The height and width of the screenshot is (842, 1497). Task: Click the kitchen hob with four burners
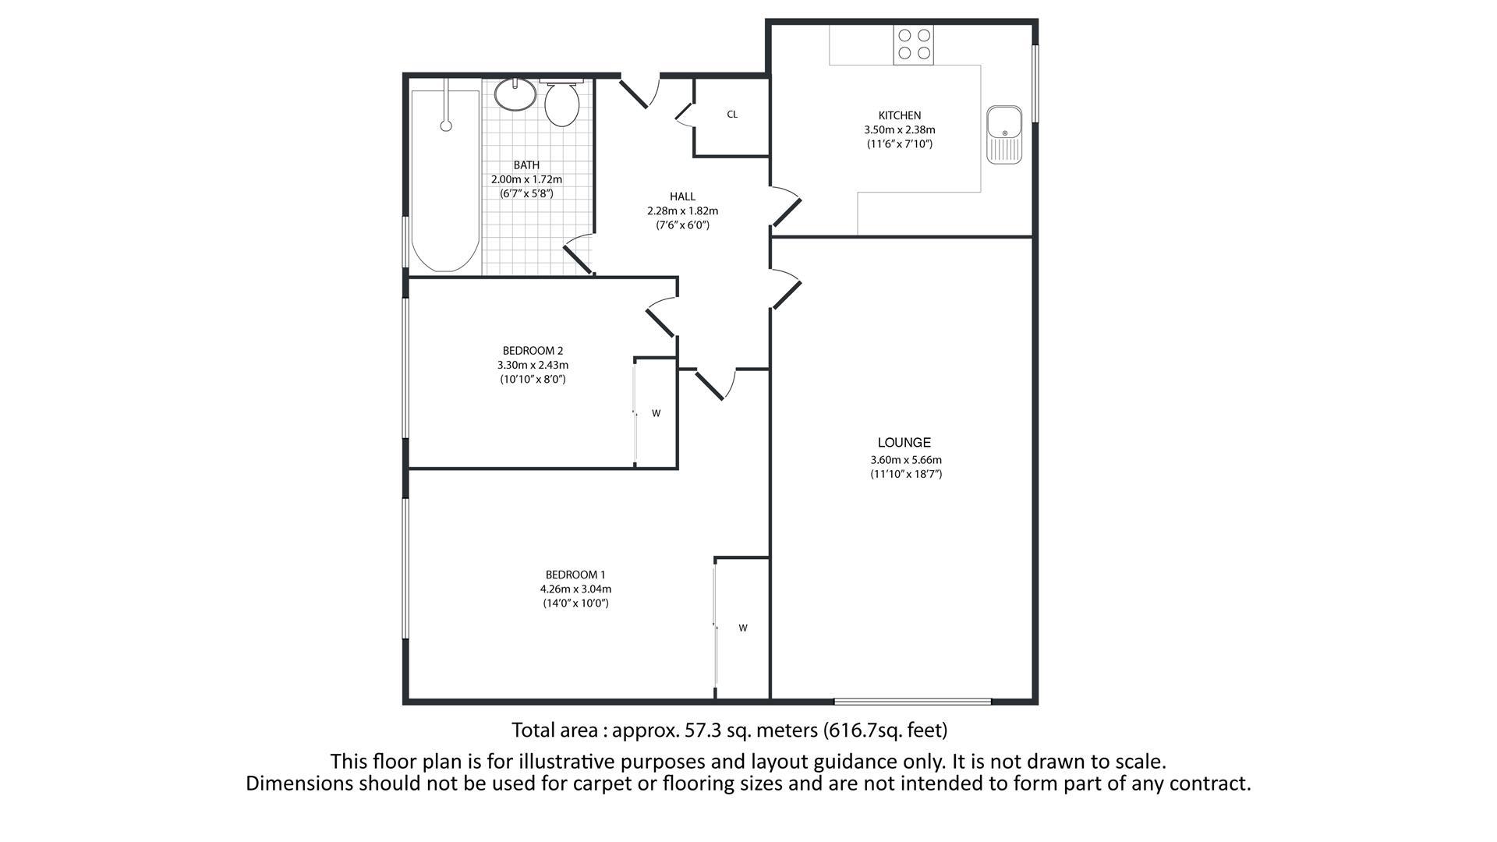click(x=914, y=44)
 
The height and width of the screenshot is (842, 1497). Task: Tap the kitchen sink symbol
click(x=1004, y=135)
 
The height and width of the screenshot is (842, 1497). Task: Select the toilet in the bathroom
click(x=561, y=104)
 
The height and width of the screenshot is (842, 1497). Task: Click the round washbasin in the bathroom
click(x=515, y=94)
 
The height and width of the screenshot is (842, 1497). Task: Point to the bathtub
click(x=445, y=181)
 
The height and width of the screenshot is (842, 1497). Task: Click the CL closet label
click(x=732, y=115)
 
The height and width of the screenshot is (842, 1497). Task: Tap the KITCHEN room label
click(x=900, y=115)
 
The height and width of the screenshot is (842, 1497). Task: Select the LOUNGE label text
click(x=904, y=442)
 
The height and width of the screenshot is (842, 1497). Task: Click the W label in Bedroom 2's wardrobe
click(x=656, y=413)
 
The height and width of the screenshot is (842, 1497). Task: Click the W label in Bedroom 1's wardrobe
click(x=743, y=628)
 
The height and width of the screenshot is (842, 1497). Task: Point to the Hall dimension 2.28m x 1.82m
click(x=682, y=210)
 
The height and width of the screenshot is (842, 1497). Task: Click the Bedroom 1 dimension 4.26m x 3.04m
click(x=575, y=589)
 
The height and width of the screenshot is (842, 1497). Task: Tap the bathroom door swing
click(x=578, y=253)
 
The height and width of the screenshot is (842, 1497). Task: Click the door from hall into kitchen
click(x=786, y=207)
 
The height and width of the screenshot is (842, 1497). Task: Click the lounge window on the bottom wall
click(x=913, y=702)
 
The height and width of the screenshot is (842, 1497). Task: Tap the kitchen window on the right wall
click(x=1036, y=83)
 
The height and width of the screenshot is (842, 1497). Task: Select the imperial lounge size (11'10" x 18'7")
click(x=906, y=474)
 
